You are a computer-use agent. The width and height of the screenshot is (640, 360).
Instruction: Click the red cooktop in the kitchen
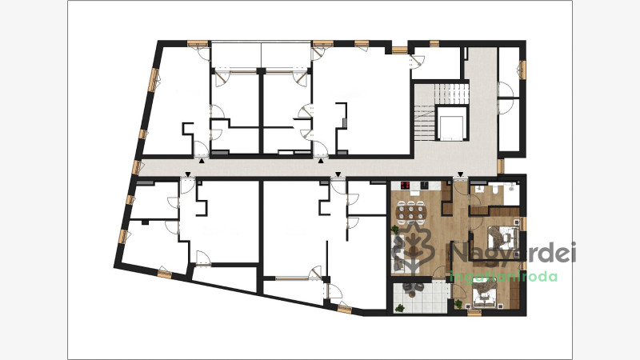[x=406, y=186]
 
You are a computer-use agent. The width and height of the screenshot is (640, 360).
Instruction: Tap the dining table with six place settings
[x=411, y=212]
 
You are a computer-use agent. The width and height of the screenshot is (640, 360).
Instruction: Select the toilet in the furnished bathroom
[x=494, y=189]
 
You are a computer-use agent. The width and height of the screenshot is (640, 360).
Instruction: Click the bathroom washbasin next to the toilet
[x=478, y=188]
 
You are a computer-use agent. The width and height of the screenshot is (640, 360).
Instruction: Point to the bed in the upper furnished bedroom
[x=503, y=237]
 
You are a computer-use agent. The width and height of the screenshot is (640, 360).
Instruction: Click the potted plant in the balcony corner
[x=399, y=308]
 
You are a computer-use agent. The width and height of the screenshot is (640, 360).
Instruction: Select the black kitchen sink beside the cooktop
[x=424, y=185]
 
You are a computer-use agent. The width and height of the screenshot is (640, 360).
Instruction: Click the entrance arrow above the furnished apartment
[x=461, y=175]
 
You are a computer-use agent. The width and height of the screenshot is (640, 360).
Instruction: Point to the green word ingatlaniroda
[x=503, y=277]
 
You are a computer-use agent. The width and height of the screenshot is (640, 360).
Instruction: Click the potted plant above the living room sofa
[x=394, y=230]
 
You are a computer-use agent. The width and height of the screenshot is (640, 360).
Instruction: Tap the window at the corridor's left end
[x=138, y=166]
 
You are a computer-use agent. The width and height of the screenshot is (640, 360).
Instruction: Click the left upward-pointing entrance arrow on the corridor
[x=202, y=162]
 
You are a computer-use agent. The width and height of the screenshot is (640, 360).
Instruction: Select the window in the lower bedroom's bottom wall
[x=474, y=313]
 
